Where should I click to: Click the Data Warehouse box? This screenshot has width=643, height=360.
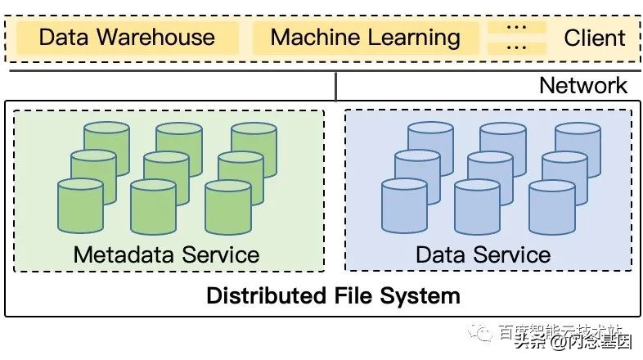point(127,38)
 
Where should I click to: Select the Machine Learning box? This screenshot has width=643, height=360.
point(365,38)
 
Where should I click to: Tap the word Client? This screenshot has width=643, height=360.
point(595,38)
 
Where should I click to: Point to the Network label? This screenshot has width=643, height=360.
point(583,85)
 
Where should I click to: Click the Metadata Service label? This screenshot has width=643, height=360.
point(166,254)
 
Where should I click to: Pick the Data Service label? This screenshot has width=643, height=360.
point(483,254)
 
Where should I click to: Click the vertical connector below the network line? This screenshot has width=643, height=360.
point(336,86)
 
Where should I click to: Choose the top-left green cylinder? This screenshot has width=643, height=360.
point(107,142)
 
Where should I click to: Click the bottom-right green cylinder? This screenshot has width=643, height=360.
point(228,206)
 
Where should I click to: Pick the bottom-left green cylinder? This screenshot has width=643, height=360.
point(80,206)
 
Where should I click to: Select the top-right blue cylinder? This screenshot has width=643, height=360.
point(578,142)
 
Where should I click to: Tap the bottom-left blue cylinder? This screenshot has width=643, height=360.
point(404,206)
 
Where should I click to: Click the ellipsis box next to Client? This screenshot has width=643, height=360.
point(515,38)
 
